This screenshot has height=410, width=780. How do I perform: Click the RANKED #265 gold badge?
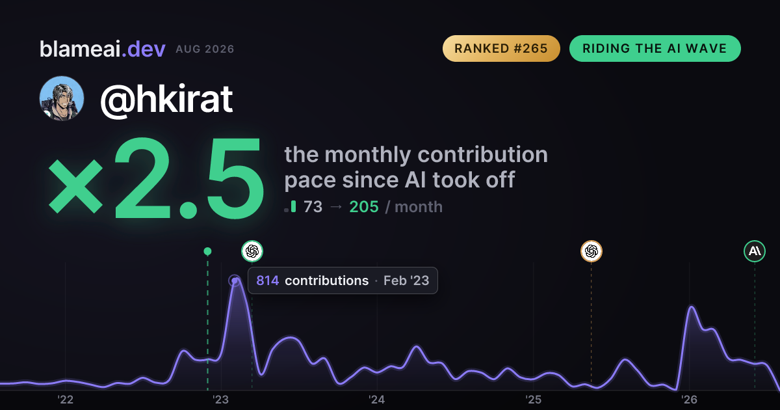(501, 48)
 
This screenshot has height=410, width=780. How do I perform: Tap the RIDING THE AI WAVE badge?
(655, 48)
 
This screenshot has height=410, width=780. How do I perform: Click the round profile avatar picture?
(62, 99)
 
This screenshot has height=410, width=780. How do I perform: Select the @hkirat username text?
(166, 100)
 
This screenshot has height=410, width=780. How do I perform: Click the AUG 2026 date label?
(205, 49)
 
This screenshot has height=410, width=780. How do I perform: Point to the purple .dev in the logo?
(144, 49)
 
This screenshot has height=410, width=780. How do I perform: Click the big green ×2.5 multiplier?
(155, 178)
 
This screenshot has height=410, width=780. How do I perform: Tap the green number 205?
(364, 207)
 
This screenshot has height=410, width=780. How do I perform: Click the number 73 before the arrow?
(313, 207)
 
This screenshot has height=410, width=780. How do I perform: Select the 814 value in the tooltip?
(267, 280)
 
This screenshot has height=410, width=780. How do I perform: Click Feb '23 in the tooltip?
(406, 280)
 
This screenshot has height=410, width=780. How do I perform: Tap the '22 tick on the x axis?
(65, 400)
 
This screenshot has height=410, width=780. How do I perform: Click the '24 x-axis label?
(377, 400)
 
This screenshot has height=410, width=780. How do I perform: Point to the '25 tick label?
(533, 400)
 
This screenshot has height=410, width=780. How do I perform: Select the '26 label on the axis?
(689, 400)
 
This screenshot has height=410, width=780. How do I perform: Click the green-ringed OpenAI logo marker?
(252, 251)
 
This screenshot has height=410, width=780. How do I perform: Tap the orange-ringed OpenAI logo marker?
(591, 251)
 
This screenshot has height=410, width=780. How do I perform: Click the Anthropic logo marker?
(755, 251)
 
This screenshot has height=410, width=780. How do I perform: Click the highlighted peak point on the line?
(235, 280)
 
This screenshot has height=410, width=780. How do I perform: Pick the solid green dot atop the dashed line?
(207, 251)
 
